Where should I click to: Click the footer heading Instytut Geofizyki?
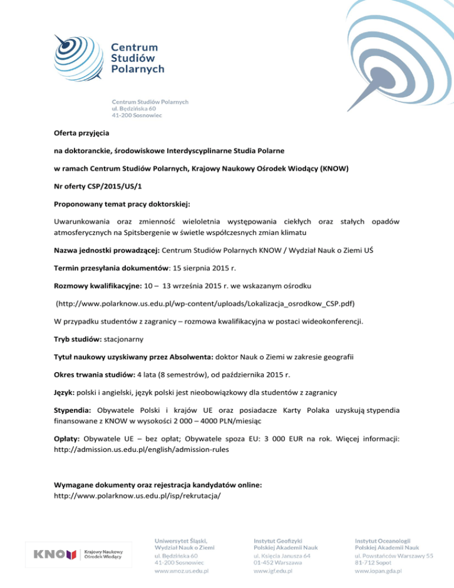click(x=278, y=539)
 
